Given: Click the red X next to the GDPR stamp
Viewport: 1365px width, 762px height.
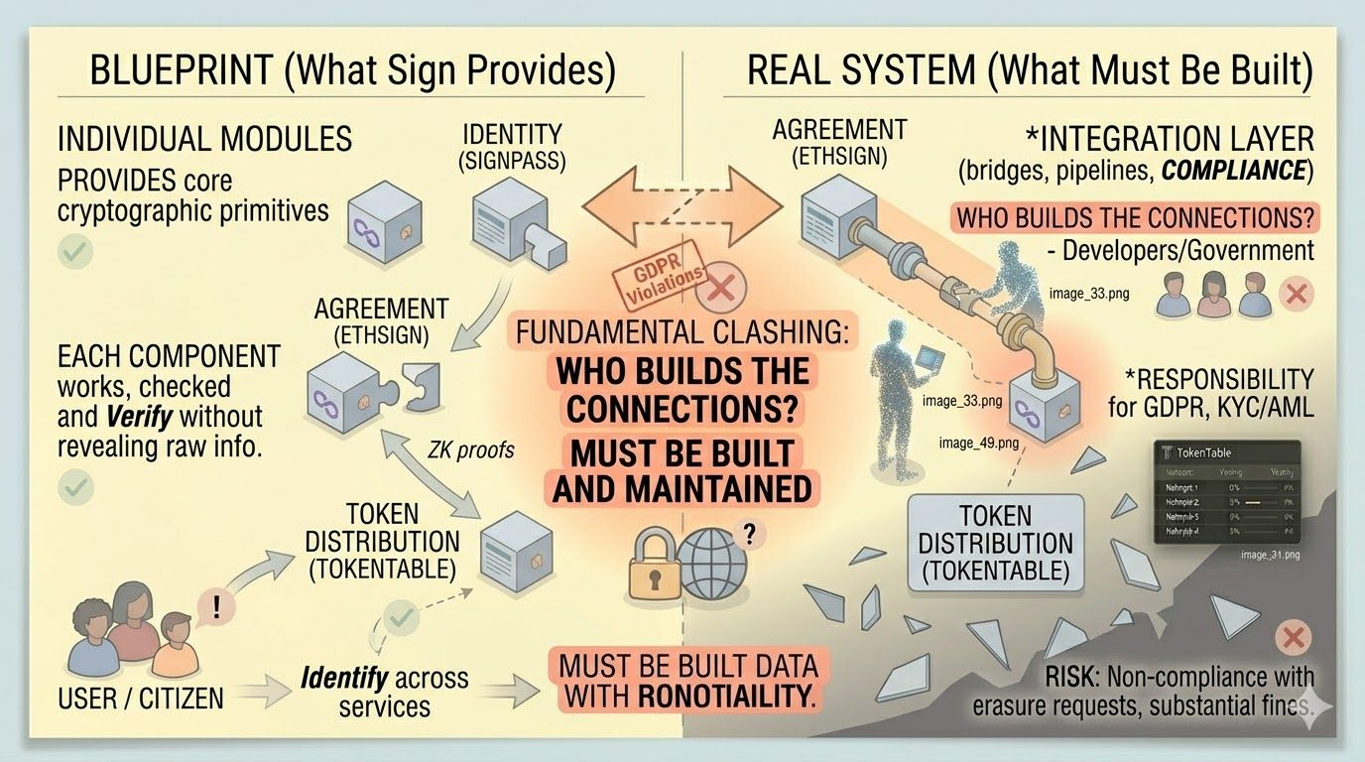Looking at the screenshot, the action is pos(716,290).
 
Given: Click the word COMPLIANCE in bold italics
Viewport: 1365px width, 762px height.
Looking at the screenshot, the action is pos(1233,171).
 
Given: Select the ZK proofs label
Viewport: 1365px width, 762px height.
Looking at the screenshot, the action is pos(471,449).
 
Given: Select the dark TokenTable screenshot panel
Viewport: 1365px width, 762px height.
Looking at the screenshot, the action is pos(1228,492).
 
